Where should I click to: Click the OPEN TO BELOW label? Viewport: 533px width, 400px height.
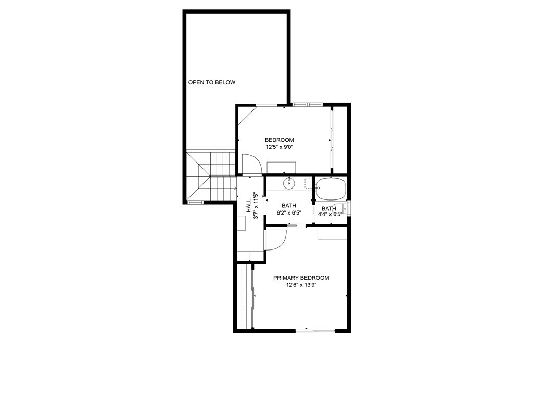click(x=211, y=82)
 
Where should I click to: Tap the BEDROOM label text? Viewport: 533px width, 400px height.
click(x=279, y=140)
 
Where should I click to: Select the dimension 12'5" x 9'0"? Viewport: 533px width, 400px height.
click(x=279, y=147)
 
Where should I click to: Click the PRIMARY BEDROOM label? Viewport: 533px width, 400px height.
click(x=301, y=278)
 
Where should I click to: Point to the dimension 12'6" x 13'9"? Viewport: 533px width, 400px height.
click(x=301, y=285)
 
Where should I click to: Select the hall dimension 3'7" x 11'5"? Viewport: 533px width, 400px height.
click(x=256, y=206)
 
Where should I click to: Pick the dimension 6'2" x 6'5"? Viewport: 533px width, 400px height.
click(x=289, y=213)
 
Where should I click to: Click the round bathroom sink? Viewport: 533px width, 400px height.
click(x=288, y=183)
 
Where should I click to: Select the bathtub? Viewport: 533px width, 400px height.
click(x=331, y=189)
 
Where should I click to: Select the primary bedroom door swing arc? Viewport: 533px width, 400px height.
click(x=276, y=240)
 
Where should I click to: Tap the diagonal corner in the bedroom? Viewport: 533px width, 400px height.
click(x=246, y=116)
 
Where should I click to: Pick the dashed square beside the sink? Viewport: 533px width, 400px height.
click(x=308, y=183)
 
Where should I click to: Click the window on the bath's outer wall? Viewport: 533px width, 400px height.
click(x=349, y=208)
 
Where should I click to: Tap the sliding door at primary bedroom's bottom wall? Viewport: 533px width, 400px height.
click(x=315, y=330)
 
